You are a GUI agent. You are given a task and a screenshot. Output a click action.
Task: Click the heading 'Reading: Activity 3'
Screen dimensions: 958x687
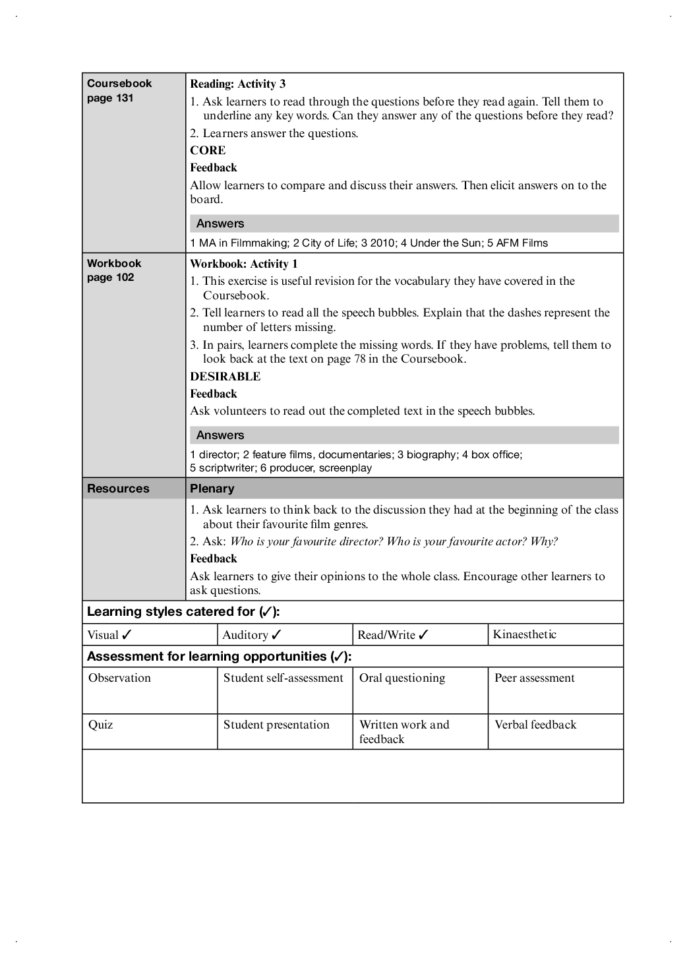pyautogui.click(x=237, y=84)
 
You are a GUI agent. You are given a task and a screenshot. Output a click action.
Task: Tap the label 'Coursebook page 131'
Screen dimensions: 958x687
pyautogui.click(x=119, y=90)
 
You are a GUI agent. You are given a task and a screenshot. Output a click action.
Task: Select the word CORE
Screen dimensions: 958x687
pyautogui.click(x=208, y=150)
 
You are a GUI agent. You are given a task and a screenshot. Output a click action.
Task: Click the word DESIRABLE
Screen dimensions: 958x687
pyautogui.click(x=225, y=376)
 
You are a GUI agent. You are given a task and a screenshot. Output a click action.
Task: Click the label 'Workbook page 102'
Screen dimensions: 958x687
pyautogui.click(x=113, y=270)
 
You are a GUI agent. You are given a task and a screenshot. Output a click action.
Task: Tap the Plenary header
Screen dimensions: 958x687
pyautogui.click(x=212, y=489)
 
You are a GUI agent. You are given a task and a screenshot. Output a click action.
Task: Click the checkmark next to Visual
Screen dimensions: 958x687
pyautogui.click(x=127, y=635)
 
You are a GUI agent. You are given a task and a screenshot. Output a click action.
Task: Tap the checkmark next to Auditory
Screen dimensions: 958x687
pyautogui.click(x=276, y=635)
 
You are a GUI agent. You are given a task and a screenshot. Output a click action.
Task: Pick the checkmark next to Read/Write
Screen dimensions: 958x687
pyautogui.click(x=423, y=635)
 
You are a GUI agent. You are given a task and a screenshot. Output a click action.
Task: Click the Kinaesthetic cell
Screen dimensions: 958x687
pyautogui.click(x=524, y=634)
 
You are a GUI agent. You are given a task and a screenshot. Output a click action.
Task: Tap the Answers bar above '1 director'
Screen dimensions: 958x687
pyautogui.click(x=404, y=435)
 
